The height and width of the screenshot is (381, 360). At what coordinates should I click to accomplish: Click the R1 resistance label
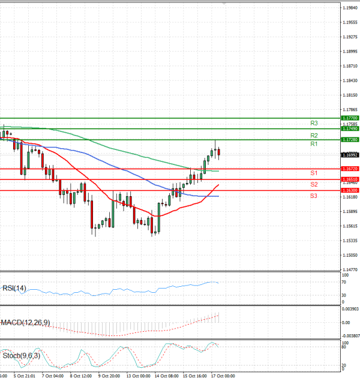point(314,145)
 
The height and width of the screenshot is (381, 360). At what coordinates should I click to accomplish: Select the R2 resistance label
point(314,136)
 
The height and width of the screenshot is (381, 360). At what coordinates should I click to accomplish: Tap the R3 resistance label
point(314,123)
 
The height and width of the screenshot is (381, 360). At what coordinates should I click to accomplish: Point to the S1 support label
point(314,173)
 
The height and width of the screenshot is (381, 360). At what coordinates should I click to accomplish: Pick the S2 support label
point(314,184)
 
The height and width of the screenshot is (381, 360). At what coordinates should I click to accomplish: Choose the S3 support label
point(314,196)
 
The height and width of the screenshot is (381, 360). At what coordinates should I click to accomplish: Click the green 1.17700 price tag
point(350,118)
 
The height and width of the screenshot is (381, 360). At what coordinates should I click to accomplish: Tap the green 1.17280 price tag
point(350,139)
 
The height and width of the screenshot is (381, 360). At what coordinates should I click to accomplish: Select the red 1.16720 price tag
point(350,169)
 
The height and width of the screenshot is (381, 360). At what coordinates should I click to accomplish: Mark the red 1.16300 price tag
point(350,190)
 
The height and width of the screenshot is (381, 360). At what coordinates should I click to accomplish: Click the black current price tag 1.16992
point(350,154)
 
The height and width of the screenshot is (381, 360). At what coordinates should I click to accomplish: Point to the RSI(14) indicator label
point(15,289)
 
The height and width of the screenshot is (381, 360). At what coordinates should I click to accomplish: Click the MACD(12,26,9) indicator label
point(25,323)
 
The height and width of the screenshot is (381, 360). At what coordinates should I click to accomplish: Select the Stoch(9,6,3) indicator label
point(20,355)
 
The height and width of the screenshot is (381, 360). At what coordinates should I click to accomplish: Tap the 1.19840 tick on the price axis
point(350,8)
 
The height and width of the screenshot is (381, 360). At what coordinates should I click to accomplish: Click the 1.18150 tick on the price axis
point(350,95)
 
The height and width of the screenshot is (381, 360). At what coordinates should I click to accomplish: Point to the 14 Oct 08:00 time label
point(166,376)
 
